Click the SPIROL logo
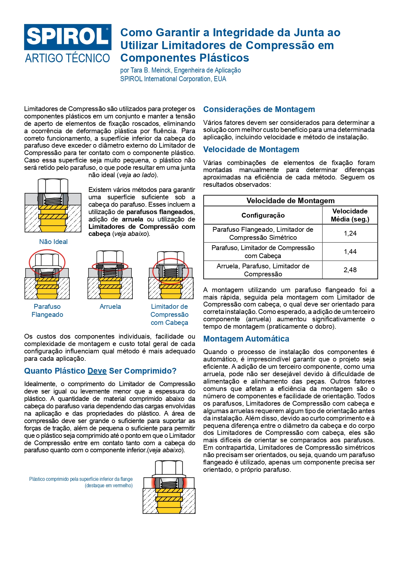68,37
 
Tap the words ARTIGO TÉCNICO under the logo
68,58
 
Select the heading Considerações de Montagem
259,109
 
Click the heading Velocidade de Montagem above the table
251,150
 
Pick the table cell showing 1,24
350,233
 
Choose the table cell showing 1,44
350,252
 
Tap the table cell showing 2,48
350,270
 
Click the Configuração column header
263,215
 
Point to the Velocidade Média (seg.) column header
350,215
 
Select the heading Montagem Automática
246,339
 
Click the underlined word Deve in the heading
97,371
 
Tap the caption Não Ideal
53,242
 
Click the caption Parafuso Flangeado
47,310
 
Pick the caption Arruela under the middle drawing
110,307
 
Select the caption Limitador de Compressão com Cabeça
169,315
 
